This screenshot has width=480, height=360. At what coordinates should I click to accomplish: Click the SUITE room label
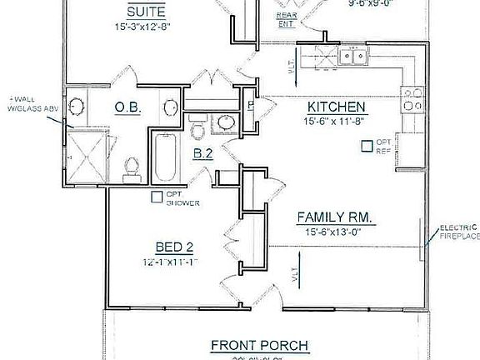(x=147, y=12)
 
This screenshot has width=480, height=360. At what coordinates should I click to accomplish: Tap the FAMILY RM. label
(x=335, y=217)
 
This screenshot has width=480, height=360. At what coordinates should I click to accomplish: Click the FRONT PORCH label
(x=247, y=345)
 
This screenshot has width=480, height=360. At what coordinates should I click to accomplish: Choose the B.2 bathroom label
(x=203, y=152)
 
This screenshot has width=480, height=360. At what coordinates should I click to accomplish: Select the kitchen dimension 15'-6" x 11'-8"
(x=336, y=122)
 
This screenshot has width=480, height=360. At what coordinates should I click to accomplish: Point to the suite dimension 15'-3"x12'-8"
(x=147, y=28)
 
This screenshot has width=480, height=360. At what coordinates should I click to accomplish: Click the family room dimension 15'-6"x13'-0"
(x=335, y=232)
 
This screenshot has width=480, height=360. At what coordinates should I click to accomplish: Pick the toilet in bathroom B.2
(x=197, y=131)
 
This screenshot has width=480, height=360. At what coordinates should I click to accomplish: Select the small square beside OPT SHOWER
(x=156, y=197)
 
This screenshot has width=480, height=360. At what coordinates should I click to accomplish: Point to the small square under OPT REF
(x=366, y=146)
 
